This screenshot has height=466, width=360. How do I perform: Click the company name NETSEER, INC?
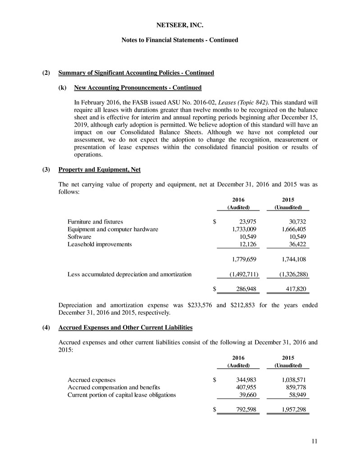[180, 19]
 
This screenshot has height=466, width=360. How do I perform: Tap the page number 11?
[308, 441]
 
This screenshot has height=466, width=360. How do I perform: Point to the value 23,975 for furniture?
[246, 222]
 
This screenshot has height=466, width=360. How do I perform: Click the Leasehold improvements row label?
[100, 244]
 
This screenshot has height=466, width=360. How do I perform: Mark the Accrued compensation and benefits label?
[114, 387]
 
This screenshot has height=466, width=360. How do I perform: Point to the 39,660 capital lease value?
[248, 394]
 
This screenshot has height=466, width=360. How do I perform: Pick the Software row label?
[79, 237]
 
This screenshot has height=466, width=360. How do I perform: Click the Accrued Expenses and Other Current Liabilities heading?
[126, 327]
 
